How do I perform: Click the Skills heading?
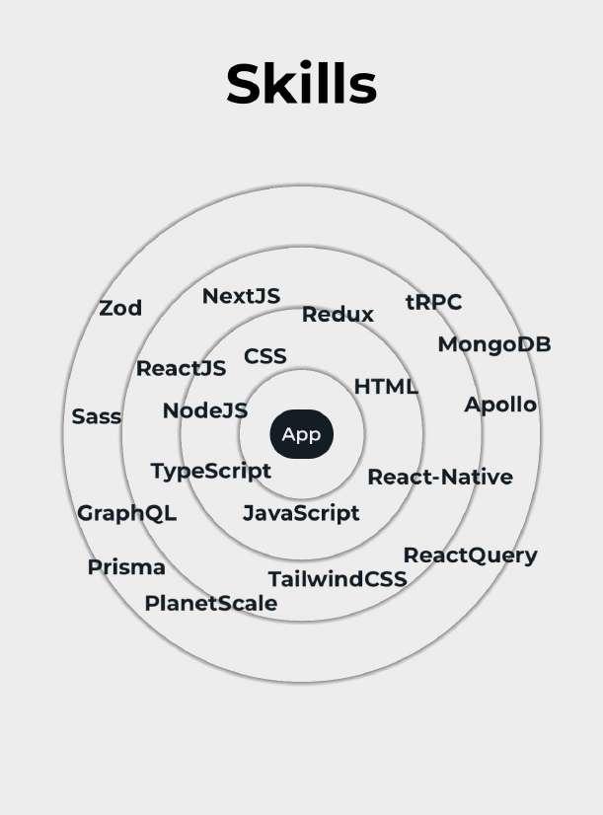[301, 84]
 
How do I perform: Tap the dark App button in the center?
[301, 434]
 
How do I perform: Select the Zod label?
[120, 308]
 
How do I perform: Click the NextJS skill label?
[241, 296]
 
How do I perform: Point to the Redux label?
[338, 315]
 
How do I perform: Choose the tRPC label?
[433, 302]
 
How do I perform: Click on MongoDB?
[493, 344]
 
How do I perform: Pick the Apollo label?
[500, 405]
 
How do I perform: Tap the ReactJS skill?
[181, 369]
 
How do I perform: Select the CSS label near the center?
[264, 356]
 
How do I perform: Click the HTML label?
[386, 387]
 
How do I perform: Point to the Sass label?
[97, 416]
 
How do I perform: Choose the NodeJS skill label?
[205, 410]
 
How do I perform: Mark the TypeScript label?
[210, 471]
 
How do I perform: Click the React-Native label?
[440, 478]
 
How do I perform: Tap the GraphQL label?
[126, 513]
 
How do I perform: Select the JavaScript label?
[301, 513]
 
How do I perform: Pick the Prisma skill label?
[126, 567]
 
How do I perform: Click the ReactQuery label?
[470, 556]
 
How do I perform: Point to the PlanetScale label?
[210, 603]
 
